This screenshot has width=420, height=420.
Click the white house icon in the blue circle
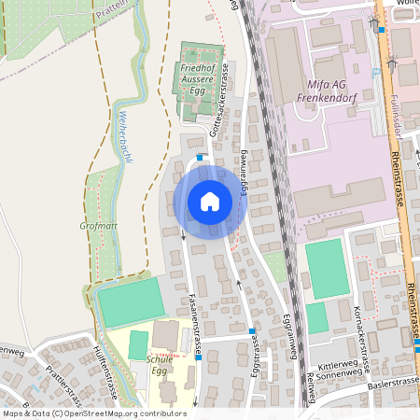tap(209, 201)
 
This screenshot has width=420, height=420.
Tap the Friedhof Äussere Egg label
tap(197, 79)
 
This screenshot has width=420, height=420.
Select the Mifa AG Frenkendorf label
tap(321, 89)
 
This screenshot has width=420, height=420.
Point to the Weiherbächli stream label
tap(124, 137)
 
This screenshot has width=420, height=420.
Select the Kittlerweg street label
tap(337, 368)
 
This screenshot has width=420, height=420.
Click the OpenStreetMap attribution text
tap(93, 413)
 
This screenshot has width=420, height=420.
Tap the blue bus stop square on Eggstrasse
tap(252, 331)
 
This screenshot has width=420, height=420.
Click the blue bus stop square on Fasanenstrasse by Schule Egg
tap(199, 357)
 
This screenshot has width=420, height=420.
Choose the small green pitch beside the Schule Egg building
tap(138, 344)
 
